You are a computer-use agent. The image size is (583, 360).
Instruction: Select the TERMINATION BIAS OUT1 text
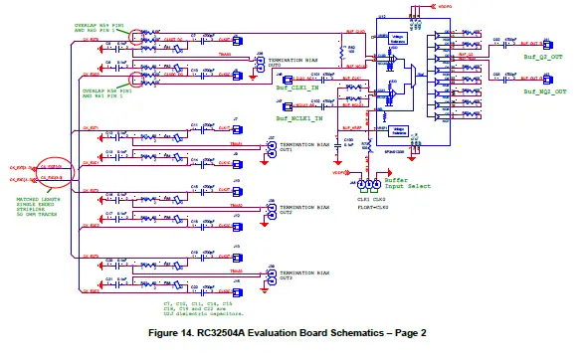(299, 148)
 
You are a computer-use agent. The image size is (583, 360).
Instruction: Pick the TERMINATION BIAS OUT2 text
(299, 210)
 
